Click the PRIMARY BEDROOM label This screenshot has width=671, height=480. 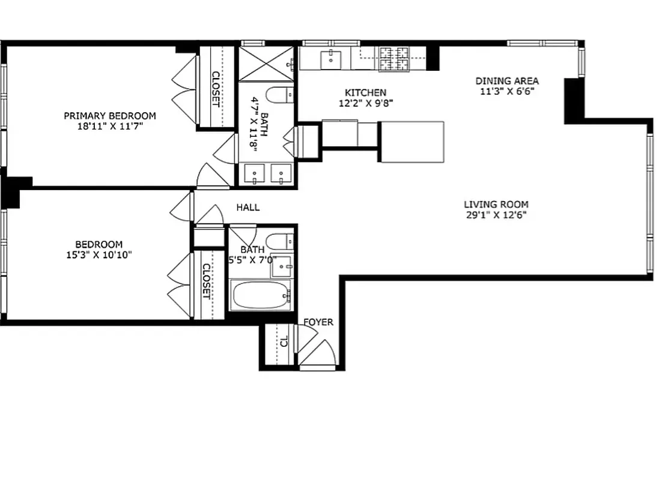(110, 116)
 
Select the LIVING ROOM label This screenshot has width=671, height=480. (496, 204)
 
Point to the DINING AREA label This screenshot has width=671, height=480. (507, 81)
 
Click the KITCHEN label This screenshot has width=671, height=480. (365, 92)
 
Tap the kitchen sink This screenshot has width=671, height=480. (330, 59)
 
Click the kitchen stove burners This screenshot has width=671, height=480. (393, 59)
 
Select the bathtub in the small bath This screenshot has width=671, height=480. (261, 295)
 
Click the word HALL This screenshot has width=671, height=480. (247, 208)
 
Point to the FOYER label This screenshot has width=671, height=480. (318, 322)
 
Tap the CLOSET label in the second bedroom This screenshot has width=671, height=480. (206, 281)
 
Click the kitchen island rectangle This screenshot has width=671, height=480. (411, 142)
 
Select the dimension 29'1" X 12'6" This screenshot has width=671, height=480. (496, 215)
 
